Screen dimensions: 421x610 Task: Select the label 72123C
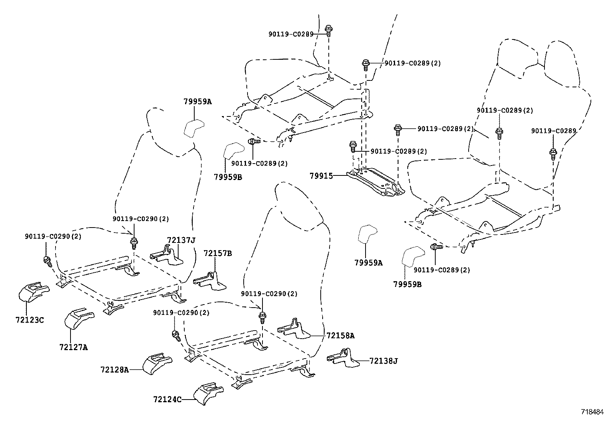pyautogui.click(x=30, y=319)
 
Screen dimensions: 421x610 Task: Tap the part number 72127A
pyautogui.click(x=74, y=347)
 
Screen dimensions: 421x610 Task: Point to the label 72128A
pyautogui.click(x=115, y=370)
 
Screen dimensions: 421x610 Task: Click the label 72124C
pyautogui.click(x=167, y=399)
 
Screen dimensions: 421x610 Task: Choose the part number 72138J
pyautogui.click(x=384, y=360)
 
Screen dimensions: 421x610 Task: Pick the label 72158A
pyautogui.click(x=341, y=336)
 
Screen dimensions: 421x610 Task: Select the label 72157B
pyautogui.click(x=218, y=253)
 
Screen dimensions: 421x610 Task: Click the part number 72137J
pyautogui.click(x=181, y=240)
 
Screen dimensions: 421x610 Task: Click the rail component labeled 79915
pyautogui.click(x=376, y=183)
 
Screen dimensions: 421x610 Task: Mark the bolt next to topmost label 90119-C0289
pyautogui.click(x=329, y=30)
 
